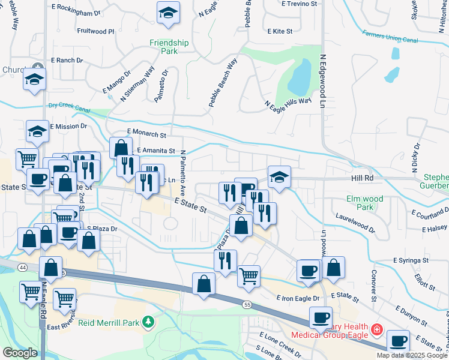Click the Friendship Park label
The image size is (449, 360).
169,47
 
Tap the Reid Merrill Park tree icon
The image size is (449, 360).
148,323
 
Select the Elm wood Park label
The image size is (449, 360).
364,202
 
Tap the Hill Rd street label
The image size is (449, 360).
362,178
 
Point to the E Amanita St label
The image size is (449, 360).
155,151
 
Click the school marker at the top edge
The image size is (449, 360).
168,12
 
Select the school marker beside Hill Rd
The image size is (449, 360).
279,176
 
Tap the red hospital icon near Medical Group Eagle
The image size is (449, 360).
376,329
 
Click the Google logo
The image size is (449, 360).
19,353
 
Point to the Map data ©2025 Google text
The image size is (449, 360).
411,355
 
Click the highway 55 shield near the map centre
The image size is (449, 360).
247,305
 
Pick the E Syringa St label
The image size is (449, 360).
411,260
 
